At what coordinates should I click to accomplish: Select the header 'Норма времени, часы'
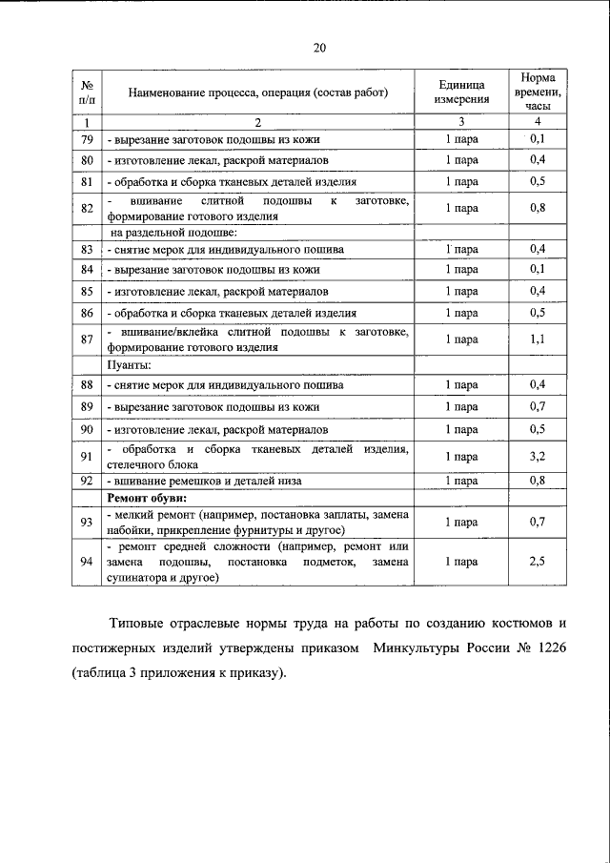coord(538,91)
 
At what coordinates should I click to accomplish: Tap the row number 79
coord(86,139)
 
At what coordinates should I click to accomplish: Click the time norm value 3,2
coord(538,457)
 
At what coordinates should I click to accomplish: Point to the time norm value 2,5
coord(538,562)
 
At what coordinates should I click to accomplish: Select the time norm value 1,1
coord(538,339)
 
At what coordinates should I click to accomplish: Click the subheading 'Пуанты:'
coord(130,363)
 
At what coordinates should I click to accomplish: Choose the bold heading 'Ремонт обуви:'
coord(146,498)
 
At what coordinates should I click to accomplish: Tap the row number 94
coord(86,562)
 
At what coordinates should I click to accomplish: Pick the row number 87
coord(86,339)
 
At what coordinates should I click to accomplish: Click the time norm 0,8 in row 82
coord(538,207)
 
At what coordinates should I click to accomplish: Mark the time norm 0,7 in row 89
coord(538,406)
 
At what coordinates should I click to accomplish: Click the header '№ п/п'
coord(86,91)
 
